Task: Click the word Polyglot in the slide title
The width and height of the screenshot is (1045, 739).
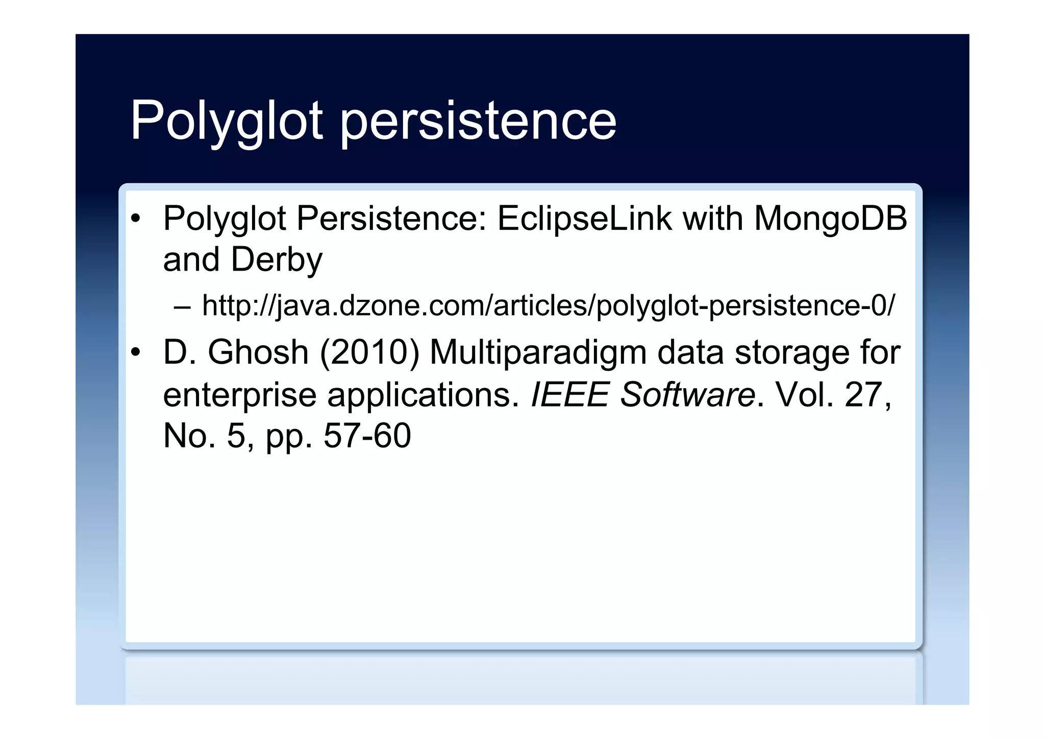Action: click(227, 121)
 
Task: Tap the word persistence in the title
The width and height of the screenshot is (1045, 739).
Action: click(478, 121)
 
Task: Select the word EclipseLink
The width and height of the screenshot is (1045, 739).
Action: click(584, 219)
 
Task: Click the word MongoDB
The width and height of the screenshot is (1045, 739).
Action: click(830, 219)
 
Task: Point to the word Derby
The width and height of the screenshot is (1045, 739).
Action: click(277, 260)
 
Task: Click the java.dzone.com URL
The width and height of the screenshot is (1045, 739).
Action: click(549, 306)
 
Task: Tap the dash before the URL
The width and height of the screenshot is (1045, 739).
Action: click(182, 307)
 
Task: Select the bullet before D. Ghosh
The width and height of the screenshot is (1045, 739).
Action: click(135, 353)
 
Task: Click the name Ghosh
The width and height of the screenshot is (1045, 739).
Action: click(258, 353)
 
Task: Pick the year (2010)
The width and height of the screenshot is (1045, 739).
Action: click(369, 353)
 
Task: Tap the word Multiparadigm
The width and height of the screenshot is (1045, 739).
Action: click(538, 353)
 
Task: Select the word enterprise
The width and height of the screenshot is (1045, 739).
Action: click(240, 395)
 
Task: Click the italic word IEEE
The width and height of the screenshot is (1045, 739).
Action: click(570, 395)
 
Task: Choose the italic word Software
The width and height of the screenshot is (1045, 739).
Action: click(687, 395)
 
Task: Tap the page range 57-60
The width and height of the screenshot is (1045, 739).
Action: click(367, 436)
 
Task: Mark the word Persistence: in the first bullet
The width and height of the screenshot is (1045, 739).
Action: click(392, 219)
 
